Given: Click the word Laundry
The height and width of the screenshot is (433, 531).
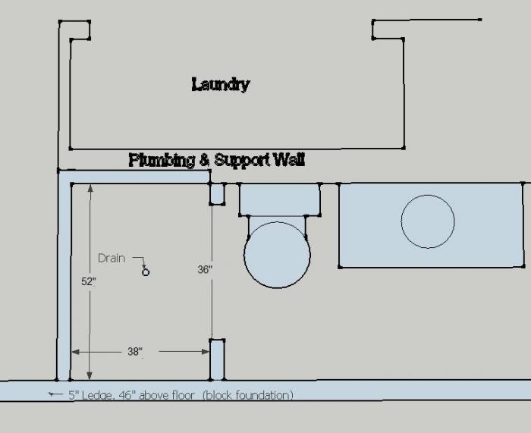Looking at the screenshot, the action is pyautogui.click(x=221, y=85).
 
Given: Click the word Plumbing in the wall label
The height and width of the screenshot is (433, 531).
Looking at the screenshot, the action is pyautogui.click(x=162, y=160).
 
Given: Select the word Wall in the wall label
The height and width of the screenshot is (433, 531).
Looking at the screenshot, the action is pyautogui.click(x=289, y=159).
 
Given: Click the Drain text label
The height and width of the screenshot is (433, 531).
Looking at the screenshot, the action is pyautogui.click(x=112, y=259).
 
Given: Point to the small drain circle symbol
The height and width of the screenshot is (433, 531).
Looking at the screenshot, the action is pyautogui.click(x=146, y=272).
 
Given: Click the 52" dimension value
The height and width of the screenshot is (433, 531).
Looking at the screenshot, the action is pyautogui.click(x=89, y=281).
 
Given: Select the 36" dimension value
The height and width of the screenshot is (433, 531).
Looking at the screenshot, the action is pyautogui.click(x=205, y=269).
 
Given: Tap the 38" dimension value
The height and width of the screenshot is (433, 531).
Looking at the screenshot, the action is pyautogui.click(x=135, y=352).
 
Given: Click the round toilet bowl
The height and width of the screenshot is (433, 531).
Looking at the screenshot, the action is pyautogui.click(x=277, y=255).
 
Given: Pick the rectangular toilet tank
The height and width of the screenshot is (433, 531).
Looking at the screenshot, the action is pyautogui.click(x=280, y=199).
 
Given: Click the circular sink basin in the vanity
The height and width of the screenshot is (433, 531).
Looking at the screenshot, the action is pyautogui.click(x=428, y=221).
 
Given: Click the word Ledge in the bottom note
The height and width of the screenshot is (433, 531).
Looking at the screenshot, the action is pyautogui.click(x=97, y=395).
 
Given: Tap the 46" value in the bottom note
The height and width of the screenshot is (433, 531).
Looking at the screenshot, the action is pyautogui.click(x=126, y=395).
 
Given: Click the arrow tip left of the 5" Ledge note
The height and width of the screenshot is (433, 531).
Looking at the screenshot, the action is pyautogui.click(x=49, y=394).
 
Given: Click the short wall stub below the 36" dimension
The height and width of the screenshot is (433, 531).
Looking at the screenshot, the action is pyautogui.click(x=217, y=359).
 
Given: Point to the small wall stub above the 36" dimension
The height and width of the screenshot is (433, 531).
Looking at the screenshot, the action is pyautogui.click(x=217, y=193).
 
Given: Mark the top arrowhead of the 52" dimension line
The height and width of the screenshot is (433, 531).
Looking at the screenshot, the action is pyautogui.click(x=90, y=188).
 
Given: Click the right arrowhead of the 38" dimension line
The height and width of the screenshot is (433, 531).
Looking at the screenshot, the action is pyautogui.click(x=206, y=352).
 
